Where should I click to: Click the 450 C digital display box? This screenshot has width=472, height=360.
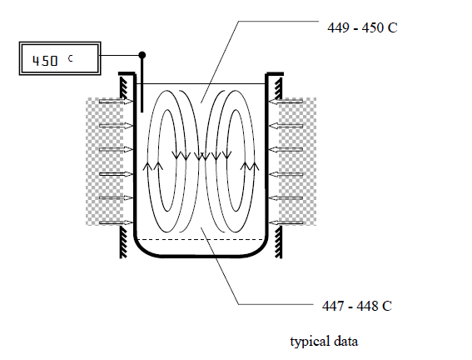(60, 58)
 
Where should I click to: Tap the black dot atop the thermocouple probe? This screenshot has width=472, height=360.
(142, 55)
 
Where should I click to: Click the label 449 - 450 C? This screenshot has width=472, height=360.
(362, 27)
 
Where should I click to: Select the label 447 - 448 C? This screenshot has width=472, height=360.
(357, 306)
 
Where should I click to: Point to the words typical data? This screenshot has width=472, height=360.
(324, 342)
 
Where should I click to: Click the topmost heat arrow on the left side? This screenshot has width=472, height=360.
(117, 102)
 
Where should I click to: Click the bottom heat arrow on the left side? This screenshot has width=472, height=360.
(117, 222)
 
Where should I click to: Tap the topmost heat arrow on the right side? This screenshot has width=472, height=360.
(286, 102)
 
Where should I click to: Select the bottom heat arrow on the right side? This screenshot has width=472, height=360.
(286, 222)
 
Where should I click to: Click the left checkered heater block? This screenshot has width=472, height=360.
(104, 162)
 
